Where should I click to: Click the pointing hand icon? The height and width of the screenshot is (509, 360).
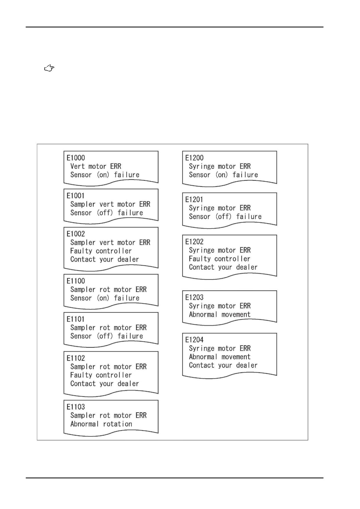49,68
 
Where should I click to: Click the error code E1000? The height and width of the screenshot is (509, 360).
76,158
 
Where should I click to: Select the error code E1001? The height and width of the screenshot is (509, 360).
75,196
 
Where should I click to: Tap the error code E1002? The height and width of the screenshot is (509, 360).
76,234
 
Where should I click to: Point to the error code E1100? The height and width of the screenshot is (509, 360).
76,281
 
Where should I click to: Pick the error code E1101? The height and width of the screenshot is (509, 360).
75,319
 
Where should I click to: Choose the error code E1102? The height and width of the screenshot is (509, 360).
76,358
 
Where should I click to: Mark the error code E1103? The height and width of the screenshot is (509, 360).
76,407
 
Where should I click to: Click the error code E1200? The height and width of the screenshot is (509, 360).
195,158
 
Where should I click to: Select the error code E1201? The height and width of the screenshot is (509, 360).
194,200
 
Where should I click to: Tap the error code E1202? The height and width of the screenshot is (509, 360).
195,242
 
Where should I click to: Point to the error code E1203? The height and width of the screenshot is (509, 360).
195,297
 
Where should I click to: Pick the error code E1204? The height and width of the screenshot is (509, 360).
195,340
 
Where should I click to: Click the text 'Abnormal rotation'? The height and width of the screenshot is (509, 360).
101,424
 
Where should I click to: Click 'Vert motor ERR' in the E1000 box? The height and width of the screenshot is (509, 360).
96,166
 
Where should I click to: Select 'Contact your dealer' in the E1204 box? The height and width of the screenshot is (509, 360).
223,365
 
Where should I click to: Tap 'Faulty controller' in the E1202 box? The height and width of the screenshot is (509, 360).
219,259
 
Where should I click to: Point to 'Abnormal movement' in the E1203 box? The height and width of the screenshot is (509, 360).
220,315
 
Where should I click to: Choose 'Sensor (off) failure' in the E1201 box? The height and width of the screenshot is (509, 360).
225,217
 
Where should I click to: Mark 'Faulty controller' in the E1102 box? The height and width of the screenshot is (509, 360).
101,375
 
